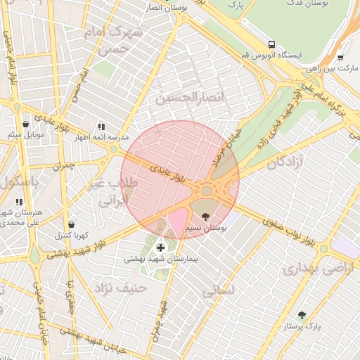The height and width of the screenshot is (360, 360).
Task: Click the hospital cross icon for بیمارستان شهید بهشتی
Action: (161, 247)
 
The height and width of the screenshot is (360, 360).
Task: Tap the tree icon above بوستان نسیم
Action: (205, 217)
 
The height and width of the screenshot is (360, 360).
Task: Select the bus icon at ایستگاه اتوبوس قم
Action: (272, 43)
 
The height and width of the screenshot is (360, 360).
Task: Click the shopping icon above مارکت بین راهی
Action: (340, 58)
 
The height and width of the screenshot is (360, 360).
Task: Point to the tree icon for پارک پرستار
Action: (302, 316)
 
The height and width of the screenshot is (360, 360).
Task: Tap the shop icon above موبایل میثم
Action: (26, 124)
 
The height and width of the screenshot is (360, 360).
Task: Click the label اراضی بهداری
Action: (310, 269)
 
